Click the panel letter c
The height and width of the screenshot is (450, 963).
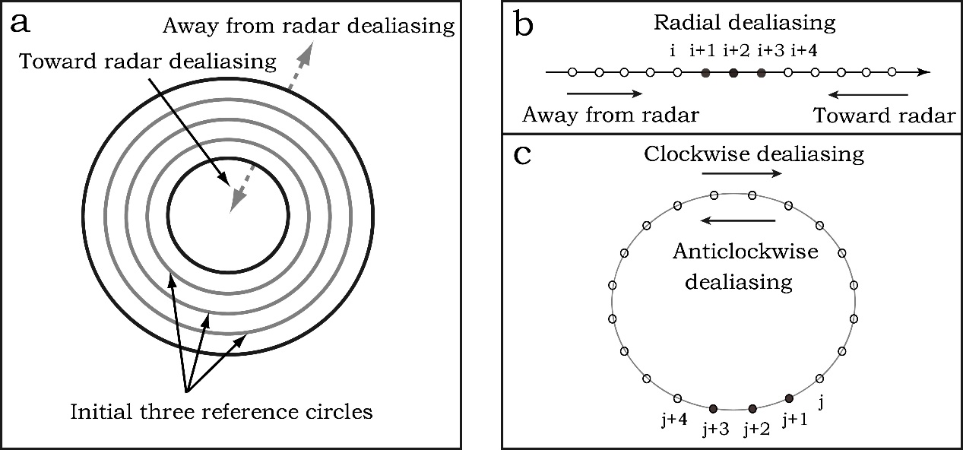523,154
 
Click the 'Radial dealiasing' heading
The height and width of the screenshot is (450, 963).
745,22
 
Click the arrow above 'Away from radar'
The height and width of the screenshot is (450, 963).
605,94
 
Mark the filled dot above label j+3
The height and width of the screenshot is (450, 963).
714,407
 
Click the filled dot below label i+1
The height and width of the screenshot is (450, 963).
705,73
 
